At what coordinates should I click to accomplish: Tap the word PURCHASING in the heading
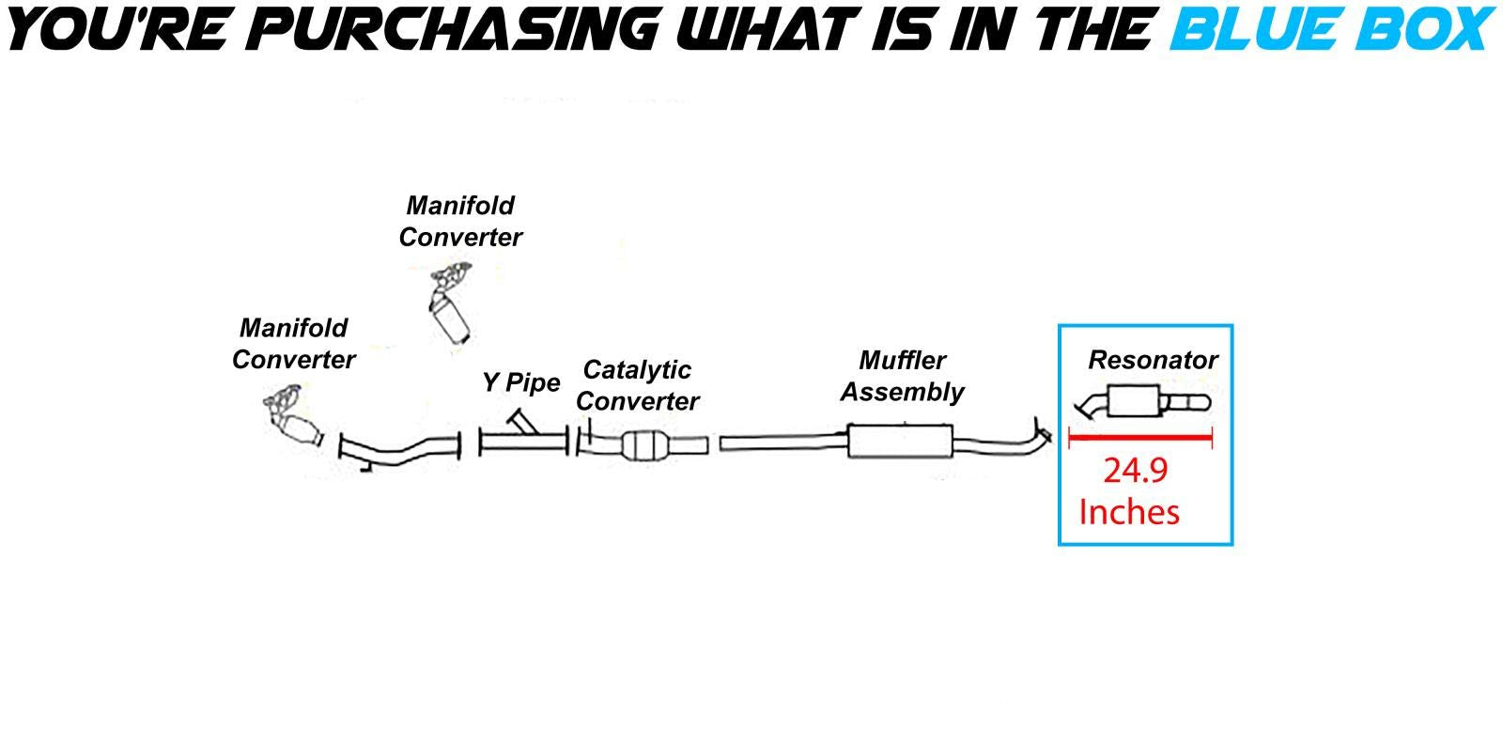tap(455, 28)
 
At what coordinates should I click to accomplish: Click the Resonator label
tap(1153, 360)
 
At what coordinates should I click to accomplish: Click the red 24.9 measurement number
tap(1135, 470)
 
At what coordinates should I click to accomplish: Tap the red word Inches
tap(1129, 512)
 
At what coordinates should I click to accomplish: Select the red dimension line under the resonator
tap(1140, 437)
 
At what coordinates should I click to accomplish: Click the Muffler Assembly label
tap(902, 376)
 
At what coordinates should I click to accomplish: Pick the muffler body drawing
tap(899, 441)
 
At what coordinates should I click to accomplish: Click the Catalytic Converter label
tap(638, 385)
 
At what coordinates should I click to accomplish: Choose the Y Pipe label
tap(521, 383)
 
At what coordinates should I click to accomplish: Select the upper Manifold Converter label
tap(460, 222)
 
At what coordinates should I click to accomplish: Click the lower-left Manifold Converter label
tap(294, 344)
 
